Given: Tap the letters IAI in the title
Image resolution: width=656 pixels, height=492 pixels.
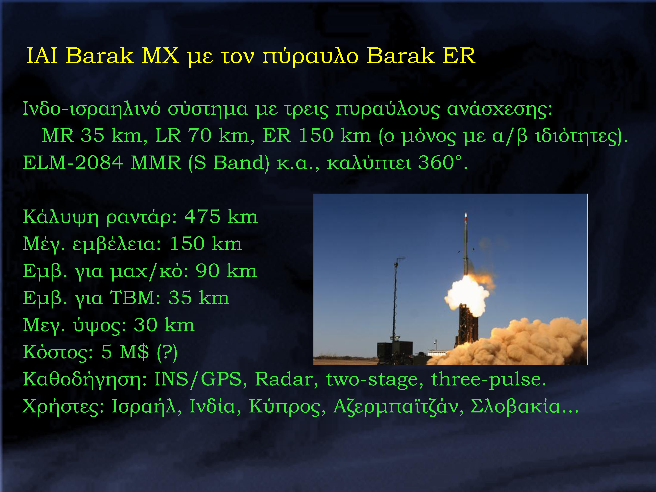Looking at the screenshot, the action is [42, 56].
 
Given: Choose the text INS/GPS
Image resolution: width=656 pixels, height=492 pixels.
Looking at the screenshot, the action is [198, 379].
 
